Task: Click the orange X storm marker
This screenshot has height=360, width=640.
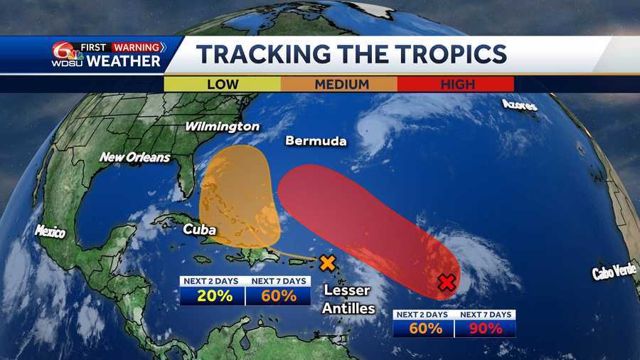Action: pos(327,263)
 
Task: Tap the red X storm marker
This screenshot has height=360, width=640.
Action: pos(447,283)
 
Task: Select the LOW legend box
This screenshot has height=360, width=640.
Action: pos(222,84)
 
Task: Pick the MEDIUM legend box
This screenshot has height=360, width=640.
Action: pos(338,84)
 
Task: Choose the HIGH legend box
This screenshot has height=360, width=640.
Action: pos(455,84)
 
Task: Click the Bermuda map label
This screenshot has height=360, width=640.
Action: pos(316,141)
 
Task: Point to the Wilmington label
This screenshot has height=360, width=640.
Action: pos(222,126)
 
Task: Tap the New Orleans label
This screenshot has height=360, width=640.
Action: pos(134,157)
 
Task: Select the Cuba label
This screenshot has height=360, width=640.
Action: pos(199,229)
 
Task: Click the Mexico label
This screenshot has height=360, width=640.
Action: pos(50,231)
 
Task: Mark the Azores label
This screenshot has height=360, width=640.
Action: pos(519,105)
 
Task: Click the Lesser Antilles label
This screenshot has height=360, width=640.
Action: pos(347,299)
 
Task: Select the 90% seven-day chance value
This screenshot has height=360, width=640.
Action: pos(485,329)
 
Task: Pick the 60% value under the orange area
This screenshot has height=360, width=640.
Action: pos(279,296)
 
